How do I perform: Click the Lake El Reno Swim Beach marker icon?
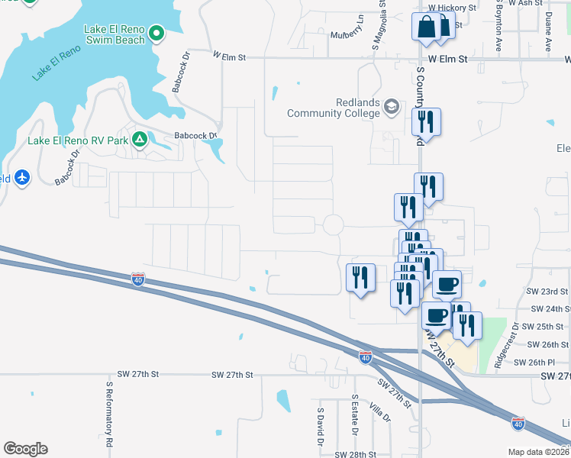point(157,34)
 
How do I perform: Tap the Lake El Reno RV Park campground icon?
point(139,140)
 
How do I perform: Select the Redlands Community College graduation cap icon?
point(392,105)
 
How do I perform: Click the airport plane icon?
point(22,178)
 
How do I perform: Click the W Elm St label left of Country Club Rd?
point(230,56)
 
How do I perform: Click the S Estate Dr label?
point(355,415)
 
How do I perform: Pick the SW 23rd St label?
point(548,292)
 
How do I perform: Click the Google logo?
point(25,449)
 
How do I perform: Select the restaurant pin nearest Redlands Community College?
point(425,121)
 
